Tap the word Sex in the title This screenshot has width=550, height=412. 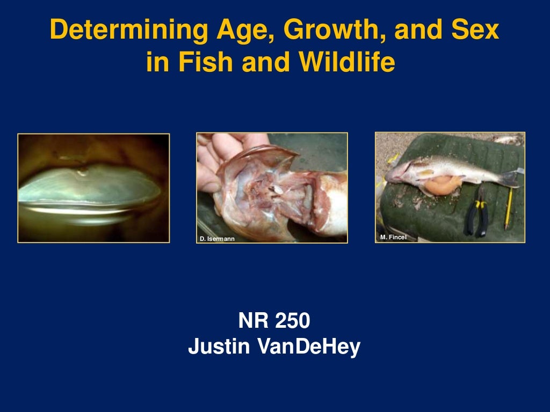(x=475, y=32)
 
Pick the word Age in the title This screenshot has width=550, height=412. (x=239, y=32)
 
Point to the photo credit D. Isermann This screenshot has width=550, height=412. (x=217, y=239)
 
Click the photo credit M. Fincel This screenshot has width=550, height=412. (x=393, y=237)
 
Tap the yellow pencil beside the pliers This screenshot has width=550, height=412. (x=508, y=209)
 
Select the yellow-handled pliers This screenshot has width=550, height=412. (x=476, y=212)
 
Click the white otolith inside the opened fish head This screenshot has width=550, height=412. (x=277, y=189)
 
